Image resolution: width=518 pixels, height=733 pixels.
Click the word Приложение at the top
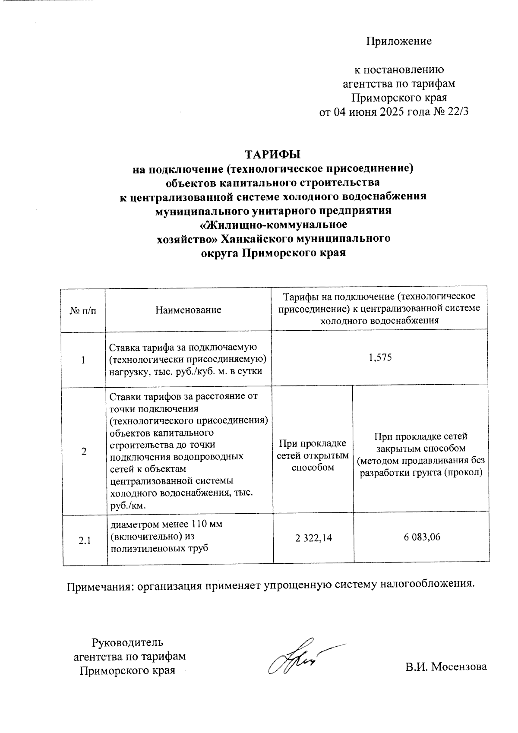[399, 41]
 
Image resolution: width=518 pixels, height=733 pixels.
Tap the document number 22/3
[458, 112]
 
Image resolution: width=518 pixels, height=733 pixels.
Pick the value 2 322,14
[313, 537]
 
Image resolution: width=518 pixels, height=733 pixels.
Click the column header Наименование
[188, 310]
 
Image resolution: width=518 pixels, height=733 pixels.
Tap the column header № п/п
[83, 310]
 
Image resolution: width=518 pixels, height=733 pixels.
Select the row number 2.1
[85, 540]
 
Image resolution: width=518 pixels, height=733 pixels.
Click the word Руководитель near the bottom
[128, 642]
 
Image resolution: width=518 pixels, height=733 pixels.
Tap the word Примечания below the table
[99, 586]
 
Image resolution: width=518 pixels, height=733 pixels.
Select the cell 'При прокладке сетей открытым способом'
[313, 455]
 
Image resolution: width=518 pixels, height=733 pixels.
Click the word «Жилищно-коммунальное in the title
[273, 225]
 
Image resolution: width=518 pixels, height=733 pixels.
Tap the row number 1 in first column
[83, 360]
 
